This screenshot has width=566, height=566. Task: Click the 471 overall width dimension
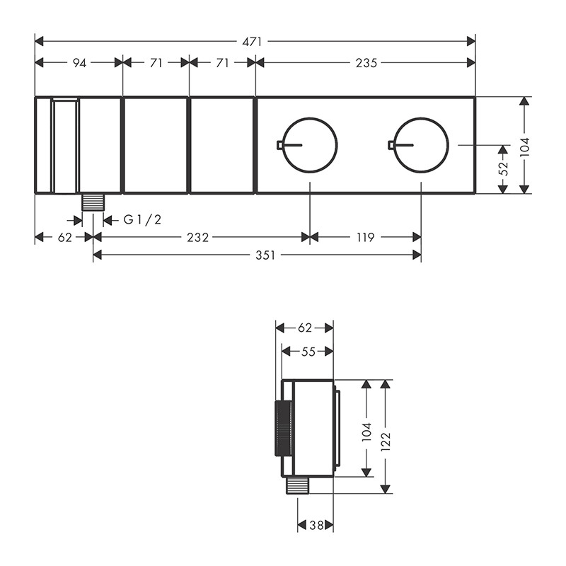pyautogui.click(x=252, y=42)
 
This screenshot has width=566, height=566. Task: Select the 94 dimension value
pyautogui.click(x=79, y=63)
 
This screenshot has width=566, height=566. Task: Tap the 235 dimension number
pyautogui.click(x=366, y=63)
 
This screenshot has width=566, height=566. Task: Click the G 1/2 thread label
pyautogui.click(x=143, y=219)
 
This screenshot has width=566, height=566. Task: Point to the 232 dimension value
pyautogui.click(x=198, y=238)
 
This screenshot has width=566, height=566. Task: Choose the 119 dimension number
pyautogui.click(x=365, y=238)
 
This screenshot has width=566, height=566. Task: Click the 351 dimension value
pyautogui.click(x=265, y=255)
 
